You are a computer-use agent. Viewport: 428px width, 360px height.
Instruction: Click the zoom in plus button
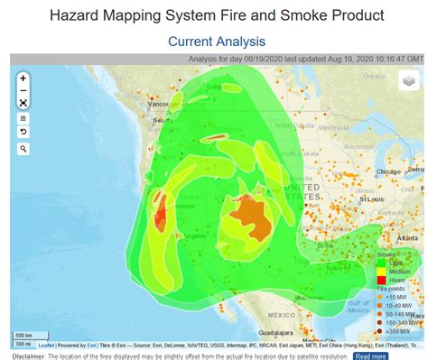[x=23, y=78]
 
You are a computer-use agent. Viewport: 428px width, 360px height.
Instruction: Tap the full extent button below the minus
[x=23, y=103]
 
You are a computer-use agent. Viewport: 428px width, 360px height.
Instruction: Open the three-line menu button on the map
[x=23, y=118]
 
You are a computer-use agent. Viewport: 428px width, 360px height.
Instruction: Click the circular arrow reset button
[x=23, y=133]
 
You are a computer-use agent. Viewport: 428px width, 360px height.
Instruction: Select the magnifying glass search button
[x=23, y=148]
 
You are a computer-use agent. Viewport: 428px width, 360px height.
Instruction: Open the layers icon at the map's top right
[x=409, y=80]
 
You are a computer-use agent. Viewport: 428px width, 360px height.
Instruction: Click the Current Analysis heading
[x=215, y=42]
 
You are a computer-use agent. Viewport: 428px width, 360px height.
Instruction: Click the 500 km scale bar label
[x=23, y=336]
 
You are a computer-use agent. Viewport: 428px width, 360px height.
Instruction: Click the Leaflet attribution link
[x=47, y=344]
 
